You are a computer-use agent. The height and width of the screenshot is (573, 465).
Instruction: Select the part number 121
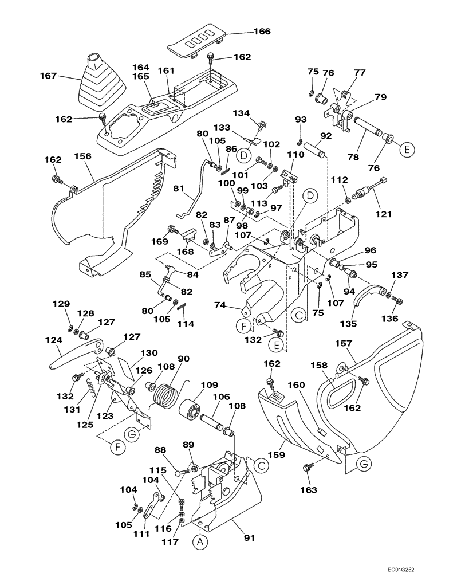(x=383, y=214)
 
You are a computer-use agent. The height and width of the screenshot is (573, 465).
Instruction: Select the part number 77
(x=360, y=72)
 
